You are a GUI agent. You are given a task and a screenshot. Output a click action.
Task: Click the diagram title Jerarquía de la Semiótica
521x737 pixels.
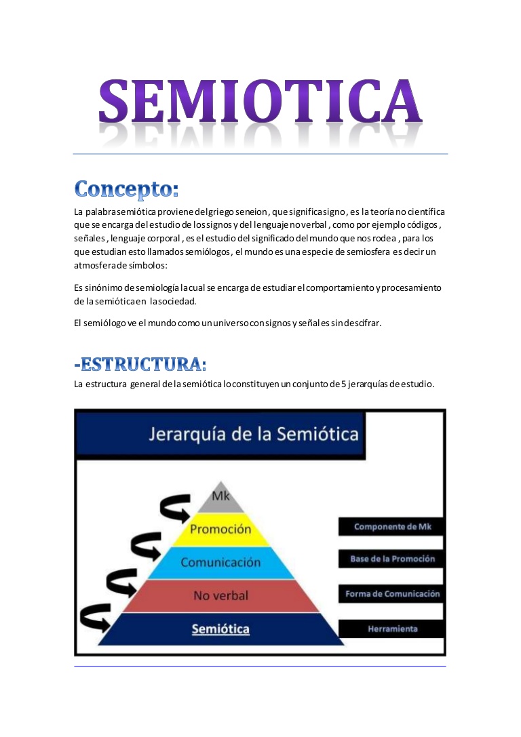click(x=254, y=434)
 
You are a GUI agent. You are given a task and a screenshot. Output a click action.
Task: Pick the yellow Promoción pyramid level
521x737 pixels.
click(x=220, y=529)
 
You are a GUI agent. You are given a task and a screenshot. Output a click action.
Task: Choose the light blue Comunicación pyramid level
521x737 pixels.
click(x=220, y=562)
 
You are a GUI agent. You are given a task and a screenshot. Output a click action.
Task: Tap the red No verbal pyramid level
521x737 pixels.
click(x=220, y=595)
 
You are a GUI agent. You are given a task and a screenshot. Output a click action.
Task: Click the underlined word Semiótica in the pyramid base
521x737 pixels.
click(x=220, y=629)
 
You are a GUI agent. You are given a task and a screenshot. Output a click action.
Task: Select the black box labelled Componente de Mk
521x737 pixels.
click(x=393, y=527)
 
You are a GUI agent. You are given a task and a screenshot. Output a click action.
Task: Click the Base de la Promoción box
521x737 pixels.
click(x=393, y=559)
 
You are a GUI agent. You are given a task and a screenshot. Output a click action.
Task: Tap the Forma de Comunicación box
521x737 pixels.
click(x=393, y=594)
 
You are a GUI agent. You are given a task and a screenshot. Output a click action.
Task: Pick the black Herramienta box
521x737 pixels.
click(x=393, y=629)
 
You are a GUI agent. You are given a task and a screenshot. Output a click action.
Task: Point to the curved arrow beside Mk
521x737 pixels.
click(x=174, y=508)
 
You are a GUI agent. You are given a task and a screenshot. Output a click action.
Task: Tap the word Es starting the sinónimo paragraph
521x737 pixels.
click(x=79, y=287)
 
